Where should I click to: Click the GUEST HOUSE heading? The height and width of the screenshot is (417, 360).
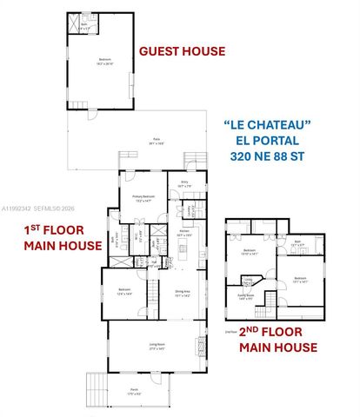(182, 51)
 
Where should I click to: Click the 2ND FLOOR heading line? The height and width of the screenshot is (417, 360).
(276, 333)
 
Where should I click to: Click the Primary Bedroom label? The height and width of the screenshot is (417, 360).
(143, 197)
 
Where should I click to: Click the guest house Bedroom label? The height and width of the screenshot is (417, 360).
(103, 60)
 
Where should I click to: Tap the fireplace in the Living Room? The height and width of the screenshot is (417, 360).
(203, 350)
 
